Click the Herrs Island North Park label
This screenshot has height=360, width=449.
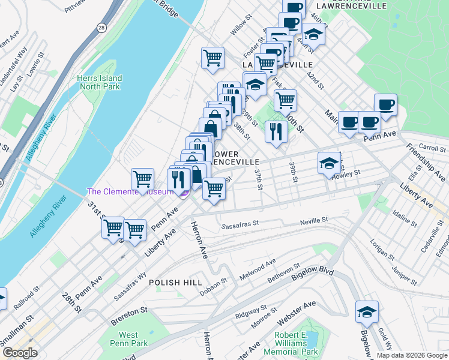[x=99, y=82]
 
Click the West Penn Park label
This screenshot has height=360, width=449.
[x=133, y=339]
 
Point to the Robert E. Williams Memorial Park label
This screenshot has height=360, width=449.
[x=295, y=344]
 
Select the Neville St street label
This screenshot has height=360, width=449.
[x=314, y=221]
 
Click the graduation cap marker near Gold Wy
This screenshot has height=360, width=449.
[x=367, y=311]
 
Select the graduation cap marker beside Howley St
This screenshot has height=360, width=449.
[x=329, y=163]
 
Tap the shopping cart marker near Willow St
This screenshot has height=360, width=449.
[x=212, y=58]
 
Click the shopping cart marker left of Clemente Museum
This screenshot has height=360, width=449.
[x=142, y=178]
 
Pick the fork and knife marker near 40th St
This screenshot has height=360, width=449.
[x=276, y=130]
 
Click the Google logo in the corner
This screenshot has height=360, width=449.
[x=20, y=353]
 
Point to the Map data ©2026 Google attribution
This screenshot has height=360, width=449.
[x=411, y=355]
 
